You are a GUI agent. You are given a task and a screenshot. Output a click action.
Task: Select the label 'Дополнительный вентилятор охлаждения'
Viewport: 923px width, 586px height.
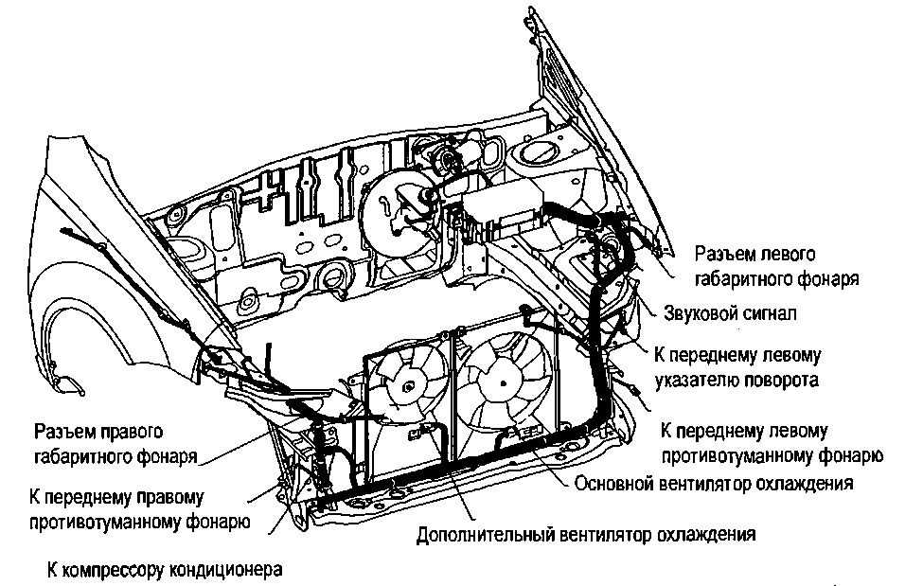[586, 534]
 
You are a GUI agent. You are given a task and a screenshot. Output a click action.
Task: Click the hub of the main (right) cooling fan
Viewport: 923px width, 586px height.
[503, 382]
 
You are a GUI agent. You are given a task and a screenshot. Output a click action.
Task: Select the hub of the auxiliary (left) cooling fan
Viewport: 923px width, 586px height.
[407, 386]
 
